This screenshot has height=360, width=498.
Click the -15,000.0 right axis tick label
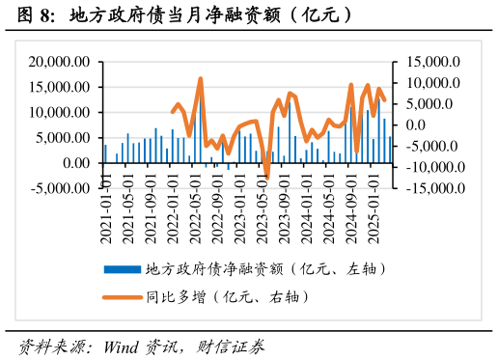[429, 187]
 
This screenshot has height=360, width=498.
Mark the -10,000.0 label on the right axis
[429, 166]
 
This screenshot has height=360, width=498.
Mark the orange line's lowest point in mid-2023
[267, 178]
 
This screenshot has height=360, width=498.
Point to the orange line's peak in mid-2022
[200, 79]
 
